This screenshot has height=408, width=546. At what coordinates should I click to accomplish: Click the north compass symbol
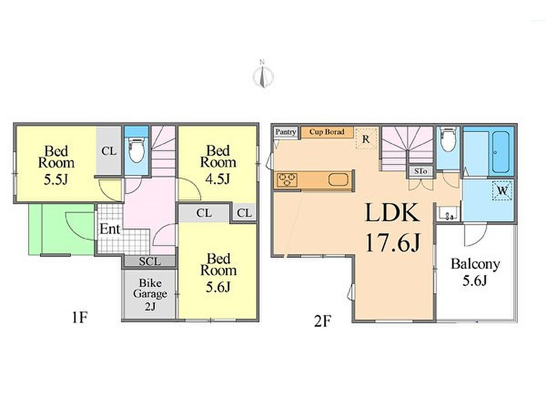(263, 74)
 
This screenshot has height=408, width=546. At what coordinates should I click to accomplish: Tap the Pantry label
(285, 132)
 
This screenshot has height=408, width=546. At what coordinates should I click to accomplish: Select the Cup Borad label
(327, 132)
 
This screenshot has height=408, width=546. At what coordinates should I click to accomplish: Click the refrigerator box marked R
(367, 139)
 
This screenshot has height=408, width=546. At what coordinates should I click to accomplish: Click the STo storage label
(421, 171)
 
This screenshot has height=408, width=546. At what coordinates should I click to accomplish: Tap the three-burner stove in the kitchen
(288, 180)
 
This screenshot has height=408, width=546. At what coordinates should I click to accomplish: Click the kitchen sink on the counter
(338, 180)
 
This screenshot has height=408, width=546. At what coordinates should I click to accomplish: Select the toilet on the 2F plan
(448, 139)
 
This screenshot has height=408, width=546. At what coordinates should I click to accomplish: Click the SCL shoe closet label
(150, 261)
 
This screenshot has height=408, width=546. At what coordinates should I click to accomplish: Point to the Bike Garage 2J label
(150, 294)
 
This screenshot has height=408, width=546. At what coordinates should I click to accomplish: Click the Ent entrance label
(110, 229)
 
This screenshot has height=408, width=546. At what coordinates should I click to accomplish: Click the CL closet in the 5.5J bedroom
(109, 151)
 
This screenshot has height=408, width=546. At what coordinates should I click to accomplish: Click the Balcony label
(475, 264)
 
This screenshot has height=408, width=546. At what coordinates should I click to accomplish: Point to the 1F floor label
(80, 317)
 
